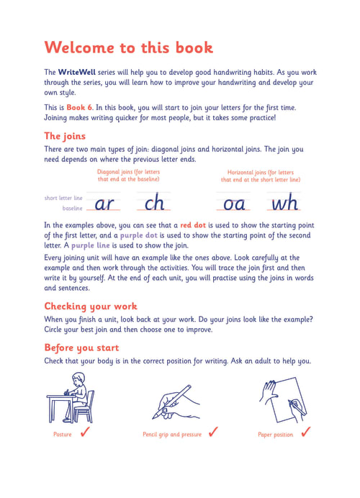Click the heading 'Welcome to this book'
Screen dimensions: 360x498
tap(128, 47)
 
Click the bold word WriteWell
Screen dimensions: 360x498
tap(76, 72)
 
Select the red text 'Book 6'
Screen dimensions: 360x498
tap(79, 107)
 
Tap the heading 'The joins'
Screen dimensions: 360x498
tap(65, 136)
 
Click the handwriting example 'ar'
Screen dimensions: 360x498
tap(104, 204)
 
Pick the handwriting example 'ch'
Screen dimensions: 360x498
tap(154, 202)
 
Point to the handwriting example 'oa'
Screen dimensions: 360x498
tap(234, 204)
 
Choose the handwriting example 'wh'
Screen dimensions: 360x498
tap(284, 202)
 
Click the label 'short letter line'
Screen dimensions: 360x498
tap(63, 198)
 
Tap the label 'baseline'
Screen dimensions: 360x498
tap(73, 209)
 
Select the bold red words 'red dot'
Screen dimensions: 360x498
tap(193, 225)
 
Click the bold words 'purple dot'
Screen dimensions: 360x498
tap(138, 235)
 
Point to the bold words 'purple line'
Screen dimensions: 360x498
tap(90, 245)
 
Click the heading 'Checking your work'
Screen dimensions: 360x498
tap(91, 307)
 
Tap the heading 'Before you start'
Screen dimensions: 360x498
tap(81, 348)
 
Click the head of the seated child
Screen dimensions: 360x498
tap(78, 379)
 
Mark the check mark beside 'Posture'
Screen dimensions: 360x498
tap(85, 432)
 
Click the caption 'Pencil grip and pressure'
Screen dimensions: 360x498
tap(172, 435)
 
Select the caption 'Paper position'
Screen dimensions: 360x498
tap(276, 435)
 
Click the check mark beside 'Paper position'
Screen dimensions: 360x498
tap(306, 432)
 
